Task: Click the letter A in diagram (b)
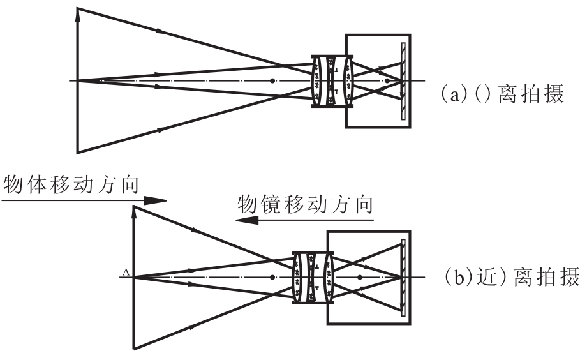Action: [x=126, y=273]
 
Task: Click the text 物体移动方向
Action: [x=71, y=184]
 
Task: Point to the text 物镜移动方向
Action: [x=306, y=204]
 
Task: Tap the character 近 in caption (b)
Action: [x=487, y=278]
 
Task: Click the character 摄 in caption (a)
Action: [x=554, y=94]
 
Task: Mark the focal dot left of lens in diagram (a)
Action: [x=272, y=80]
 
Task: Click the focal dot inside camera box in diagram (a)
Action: [x=387, y=80]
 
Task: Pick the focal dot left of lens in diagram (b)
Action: [x=272, y=278]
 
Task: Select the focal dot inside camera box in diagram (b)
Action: [x=360, y=278]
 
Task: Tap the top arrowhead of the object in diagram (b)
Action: [x=134, y=211]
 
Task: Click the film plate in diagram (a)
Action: [x=403, y=81]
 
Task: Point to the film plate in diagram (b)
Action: [x=403, y=278]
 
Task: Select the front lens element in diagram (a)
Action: [x=317, y=81]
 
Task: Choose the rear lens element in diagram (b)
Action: [x=329, y=278]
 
